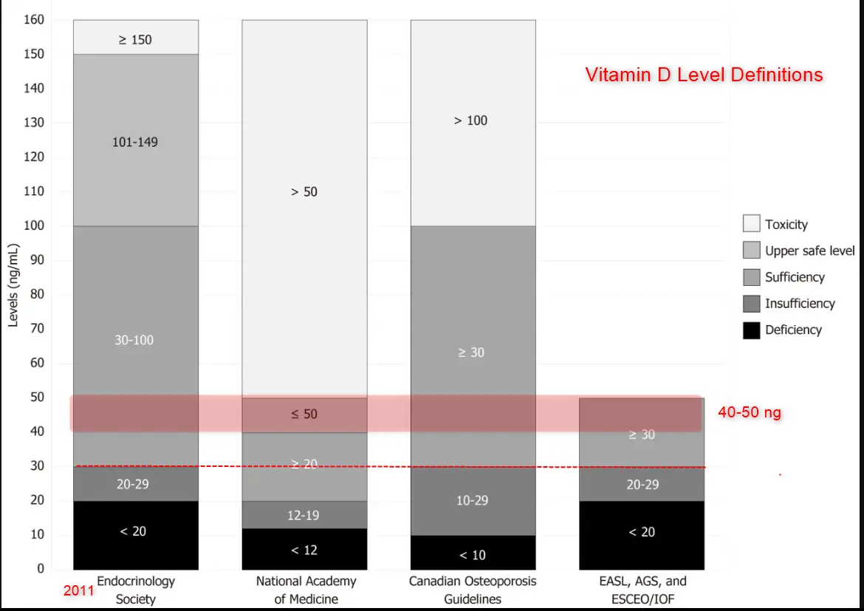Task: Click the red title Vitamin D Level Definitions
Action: [704, 75]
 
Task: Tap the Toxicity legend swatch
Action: [751, 224]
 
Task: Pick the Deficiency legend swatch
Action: [751, 330]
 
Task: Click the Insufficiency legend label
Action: [800, 304]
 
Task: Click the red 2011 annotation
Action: [78, 591]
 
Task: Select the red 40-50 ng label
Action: [749, 413]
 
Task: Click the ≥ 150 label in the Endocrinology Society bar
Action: [135, 40]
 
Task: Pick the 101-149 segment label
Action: [135, 141]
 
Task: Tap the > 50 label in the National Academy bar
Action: [304, 192]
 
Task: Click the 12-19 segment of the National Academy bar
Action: [304, 515]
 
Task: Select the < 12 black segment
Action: [304, 550]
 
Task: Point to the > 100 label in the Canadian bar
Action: [471, 120]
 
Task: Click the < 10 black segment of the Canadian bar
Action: [473, 555]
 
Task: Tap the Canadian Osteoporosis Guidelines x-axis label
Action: [473, 590]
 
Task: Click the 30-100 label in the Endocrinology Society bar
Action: [135, 340]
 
